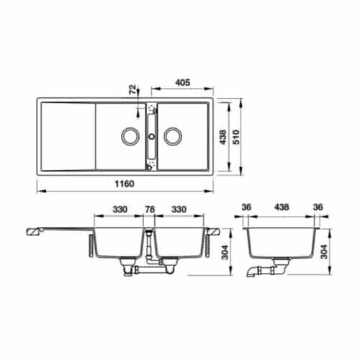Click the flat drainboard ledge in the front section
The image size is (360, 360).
(58, 230)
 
